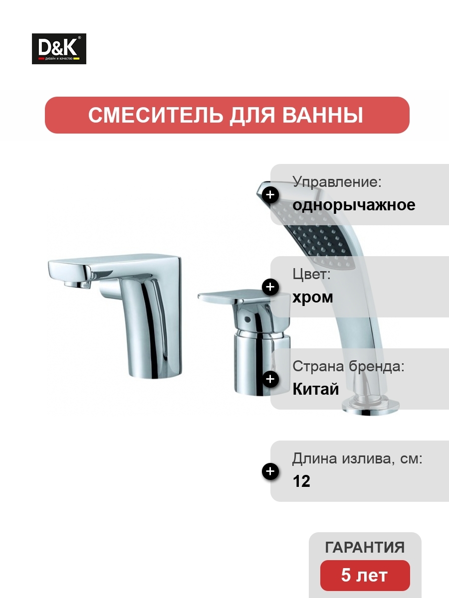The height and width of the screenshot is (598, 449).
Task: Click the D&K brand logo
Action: click(59, 49)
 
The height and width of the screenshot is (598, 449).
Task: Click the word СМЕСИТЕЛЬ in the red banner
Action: click(155, 115)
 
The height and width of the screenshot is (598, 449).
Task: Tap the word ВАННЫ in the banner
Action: click(322, 115)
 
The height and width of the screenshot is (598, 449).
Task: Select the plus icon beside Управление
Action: click(270, 195)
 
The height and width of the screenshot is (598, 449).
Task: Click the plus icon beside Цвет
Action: click(270, 287)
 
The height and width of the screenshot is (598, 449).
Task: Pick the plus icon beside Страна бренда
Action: click(270, 379)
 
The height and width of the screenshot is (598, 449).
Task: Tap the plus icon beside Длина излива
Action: click(270, 471)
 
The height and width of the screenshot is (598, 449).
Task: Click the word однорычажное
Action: click(354, 205)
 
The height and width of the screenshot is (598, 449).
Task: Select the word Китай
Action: click(316, 389)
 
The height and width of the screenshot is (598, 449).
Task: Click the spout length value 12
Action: click(301, 481)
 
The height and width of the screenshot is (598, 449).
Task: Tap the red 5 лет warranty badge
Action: click(365, 576)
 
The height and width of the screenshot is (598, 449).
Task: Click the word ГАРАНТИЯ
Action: click(365, 547)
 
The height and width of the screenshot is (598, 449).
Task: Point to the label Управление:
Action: click(337, 182)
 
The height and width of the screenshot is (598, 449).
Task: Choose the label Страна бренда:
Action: click(348, 366)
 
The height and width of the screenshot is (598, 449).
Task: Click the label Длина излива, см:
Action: click(357, 459)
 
